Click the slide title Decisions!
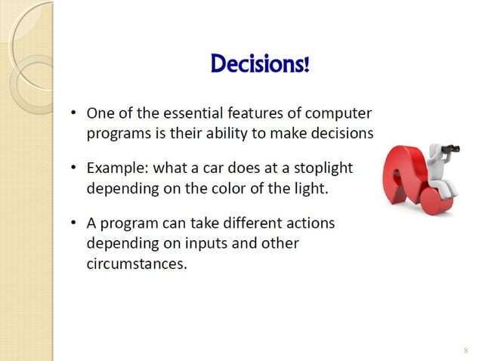click(x=260, y=64)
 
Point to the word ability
click(x=249, y=133)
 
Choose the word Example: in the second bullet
click(x=116, y=168)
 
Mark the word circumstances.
click(x=136, y=264)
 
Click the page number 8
click(x=465, y=350)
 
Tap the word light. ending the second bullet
click(x=312, y=187)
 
